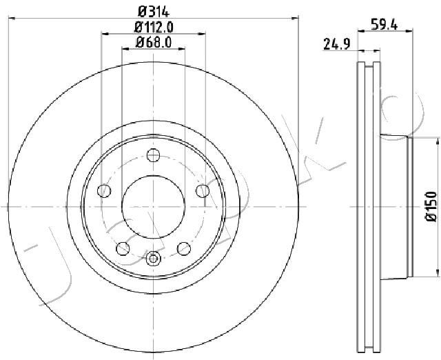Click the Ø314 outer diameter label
[x=154, y=12]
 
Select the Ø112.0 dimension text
[x=154, y=28]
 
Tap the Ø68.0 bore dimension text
[x=154, y=42]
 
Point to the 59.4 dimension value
[x=384, y=25]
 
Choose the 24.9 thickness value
[x=337, y=44]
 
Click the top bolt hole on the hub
[x=153, y=155]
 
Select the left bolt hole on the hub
[x=104, y=191]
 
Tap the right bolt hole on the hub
[x=203, y=191]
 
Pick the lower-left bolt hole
[x=123, y=248]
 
